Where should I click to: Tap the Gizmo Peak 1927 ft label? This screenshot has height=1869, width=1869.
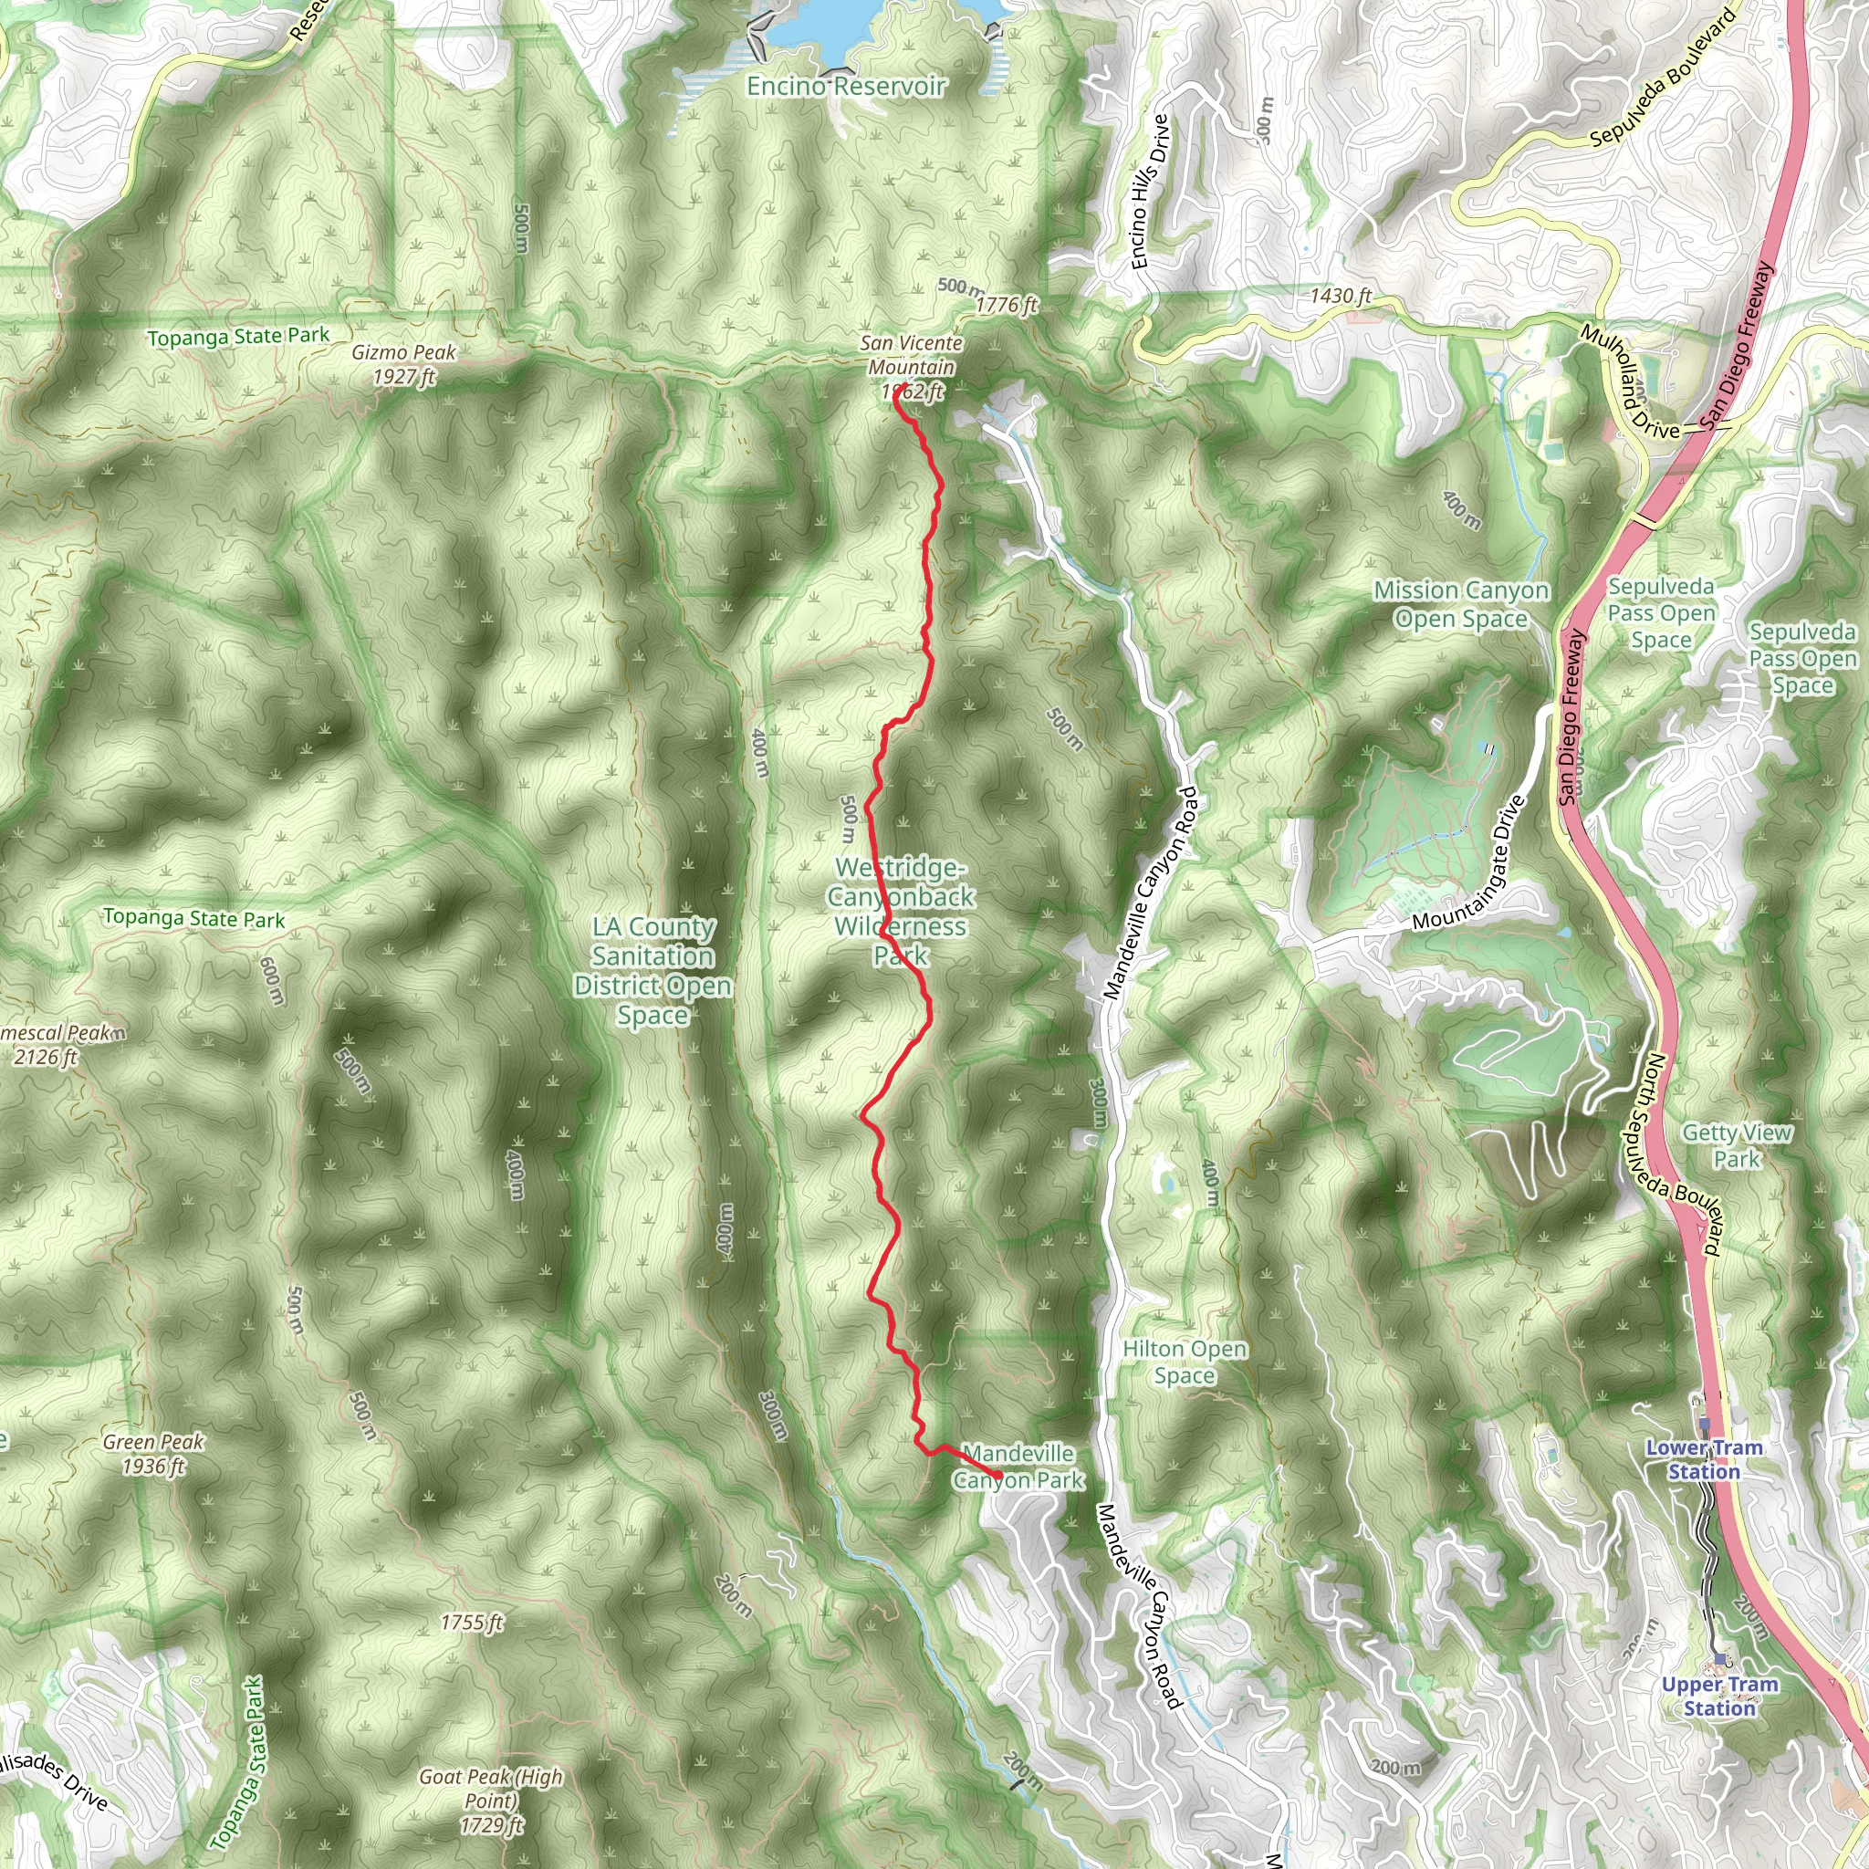tap(403, 365)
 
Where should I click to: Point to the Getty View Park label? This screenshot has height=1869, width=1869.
tap(1737, 1145)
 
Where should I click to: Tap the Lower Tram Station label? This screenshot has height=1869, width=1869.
tap(1704, 1460)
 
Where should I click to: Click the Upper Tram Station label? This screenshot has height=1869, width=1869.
tap(1719, 1696)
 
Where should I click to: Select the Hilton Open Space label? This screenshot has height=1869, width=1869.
tap(1184, 1363)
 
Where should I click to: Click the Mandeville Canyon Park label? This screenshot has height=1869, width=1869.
tap(1018, 1467)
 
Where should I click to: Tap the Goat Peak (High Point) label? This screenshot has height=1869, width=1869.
tap(490, 1801)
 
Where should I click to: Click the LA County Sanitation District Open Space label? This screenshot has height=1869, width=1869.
tap(653, 971)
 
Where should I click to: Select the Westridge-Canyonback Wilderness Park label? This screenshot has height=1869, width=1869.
tap(901, 912)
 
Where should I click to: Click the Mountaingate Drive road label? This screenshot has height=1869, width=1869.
tap(1467, 864)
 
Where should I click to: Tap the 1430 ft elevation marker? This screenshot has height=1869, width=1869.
tap(1340, 295)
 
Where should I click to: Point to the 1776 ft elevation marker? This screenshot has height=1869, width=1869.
tap(1006, 305)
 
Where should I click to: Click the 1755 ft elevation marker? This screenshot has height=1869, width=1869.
tap(471, 1623)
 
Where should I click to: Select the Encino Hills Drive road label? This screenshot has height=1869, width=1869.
tap(1150, 191)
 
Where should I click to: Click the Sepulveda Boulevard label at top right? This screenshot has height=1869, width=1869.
tap(1662, 79)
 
